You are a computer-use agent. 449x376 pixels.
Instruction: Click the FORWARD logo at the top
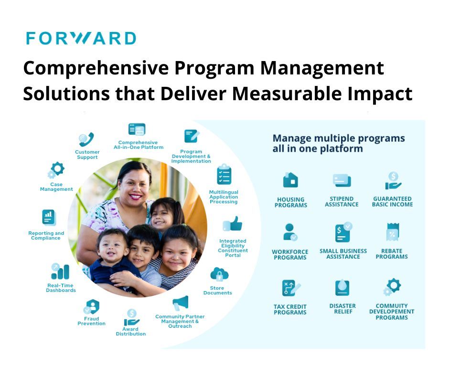click(81, 38)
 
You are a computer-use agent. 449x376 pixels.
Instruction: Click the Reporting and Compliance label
click(46, 236)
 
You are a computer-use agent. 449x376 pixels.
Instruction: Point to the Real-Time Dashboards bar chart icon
click(60, 272)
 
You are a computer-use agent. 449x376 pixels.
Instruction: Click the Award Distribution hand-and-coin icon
click(131, 317)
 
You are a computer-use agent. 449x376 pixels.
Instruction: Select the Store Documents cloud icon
click(219, 275)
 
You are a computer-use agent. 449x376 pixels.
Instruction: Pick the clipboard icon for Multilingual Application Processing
click(224, 175)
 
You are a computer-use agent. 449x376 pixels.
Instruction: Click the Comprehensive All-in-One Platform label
click(138, 145)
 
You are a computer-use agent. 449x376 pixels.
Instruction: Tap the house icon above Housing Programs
click(290, 180)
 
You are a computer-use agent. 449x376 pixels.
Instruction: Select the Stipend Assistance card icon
click(342, 180)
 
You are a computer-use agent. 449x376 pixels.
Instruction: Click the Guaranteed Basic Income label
click(392, 202)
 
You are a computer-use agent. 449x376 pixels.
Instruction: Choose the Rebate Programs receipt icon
click(392, 232)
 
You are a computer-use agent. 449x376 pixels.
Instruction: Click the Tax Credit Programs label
click(290, 310)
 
